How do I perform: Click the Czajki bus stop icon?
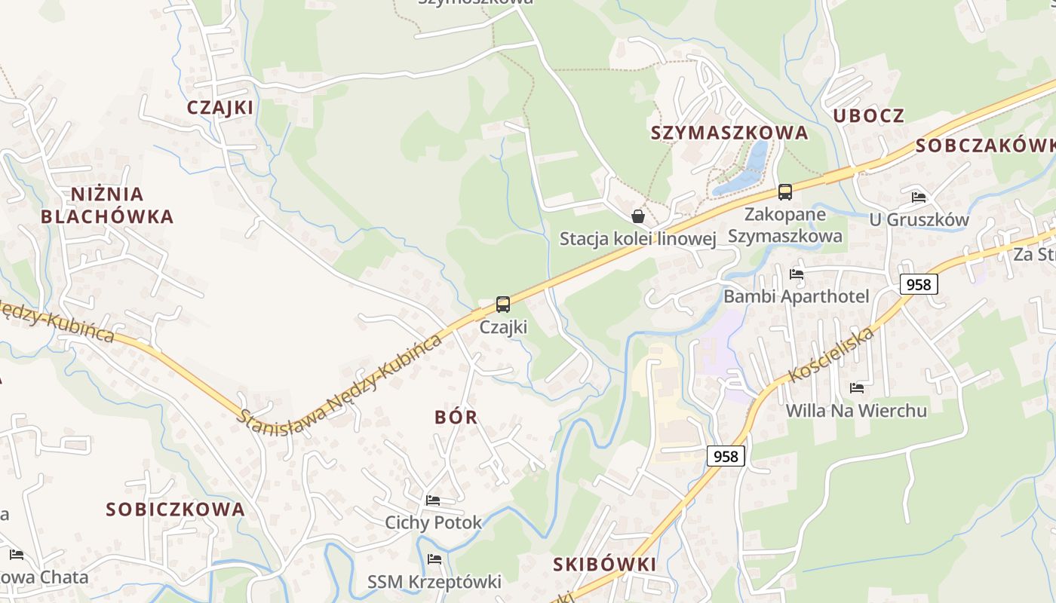click(503, 305)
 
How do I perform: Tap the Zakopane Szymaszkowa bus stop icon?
click(785, 192)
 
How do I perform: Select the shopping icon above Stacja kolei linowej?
click(638, 216)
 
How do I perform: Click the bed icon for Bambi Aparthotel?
click(797, 274)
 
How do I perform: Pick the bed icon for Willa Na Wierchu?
click(857, 388)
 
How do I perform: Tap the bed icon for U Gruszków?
click(919, 197)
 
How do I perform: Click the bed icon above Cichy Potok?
click(433, 500)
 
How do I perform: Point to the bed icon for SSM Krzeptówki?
click(434, 559)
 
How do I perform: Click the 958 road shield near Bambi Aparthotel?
click(919, 284)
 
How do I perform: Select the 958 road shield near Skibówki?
click(726, 455)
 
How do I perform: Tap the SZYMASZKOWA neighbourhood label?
click(729, 133)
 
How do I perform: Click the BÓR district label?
click(456, 418)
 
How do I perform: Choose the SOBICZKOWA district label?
click(175, 510)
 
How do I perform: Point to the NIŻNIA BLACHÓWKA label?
click(107, 206)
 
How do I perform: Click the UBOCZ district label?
click(868, 116)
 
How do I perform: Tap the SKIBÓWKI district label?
click(604, 565)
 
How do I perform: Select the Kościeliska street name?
click(831, 354)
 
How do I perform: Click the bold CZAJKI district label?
click(220, 108)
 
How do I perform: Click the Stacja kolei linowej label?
click(637, 239)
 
